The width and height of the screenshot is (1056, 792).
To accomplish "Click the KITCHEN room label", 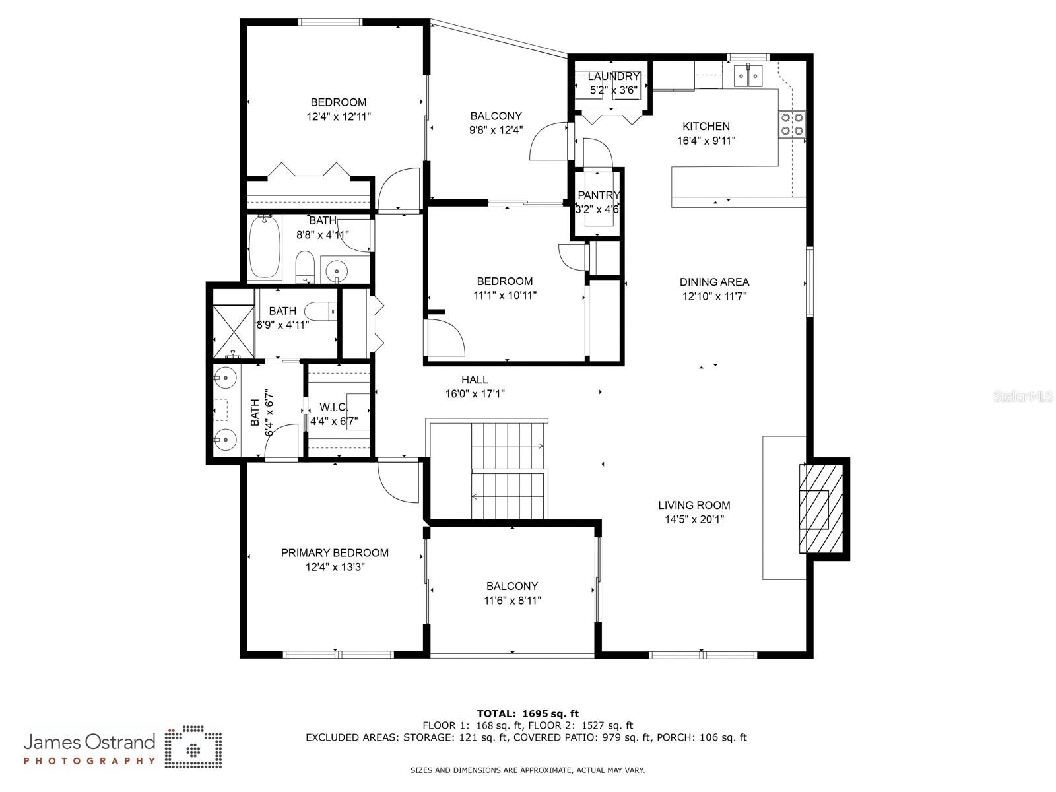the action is click(x=706, y=127).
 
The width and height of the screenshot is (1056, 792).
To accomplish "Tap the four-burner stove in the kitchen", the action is click(x=791, y=124).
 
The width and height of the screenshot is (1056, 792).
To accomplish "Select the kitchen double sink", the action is click(x=748, y=76).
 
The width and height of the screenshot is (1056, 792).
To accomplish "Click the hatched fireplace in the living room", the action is click(x=821, y=509).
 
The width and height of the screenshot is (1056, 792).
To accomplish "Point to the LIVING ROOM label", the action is click(x=694, y=506).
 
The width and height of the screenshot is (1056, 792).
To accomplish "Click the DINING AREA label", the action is click(x=714, y=282).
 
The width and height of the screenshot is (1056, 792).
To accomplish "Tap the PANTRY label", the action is click(x=598, y=195).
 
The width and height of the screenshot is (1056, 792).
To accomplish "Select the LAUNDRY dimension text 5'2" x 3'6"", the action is click(x=613, y=90).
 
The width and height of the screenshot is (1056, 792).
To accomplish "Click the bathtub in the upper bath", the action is click(x=265, y=246).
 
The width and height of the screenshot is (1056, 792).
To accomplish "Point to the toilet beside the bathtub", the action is click(x=304, y=267).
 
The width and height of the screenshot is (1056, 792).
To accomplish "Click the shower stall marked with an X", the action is click(x=234, y=331).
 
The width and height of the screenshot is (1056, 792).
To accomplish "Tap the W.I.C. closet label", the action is click(x=333, y=407).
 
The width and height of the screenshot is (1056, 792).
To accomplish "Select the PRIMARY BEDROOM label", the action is click(x=335, y=553).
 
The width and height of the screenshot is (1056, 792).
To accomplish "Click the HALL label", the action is click(x=475, y=380).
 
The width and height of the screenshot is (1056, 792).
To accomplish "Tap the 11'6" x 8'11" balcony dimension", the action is click(x=512, y=601).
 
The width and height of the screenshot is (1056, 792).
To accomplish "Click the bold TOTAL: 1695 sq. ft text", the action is click(x=528, y=714).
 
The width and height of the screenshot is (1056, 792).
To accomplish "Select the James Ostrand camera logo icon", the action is click(x=193, y=747).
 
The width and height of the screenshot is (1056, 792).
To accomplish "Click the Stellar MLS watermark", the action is click(x=1023, y=396).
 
